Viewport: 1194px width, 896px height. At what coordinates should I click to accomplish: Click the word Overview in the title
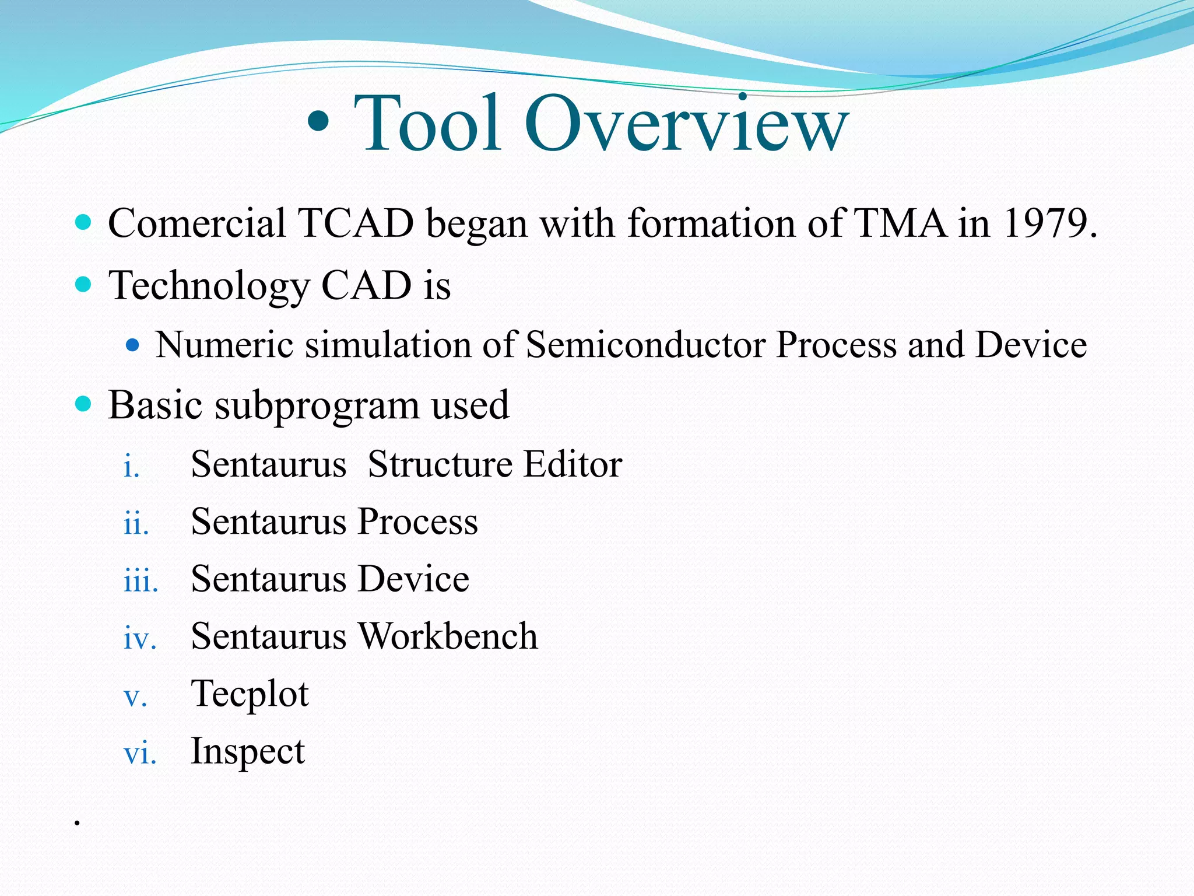686,124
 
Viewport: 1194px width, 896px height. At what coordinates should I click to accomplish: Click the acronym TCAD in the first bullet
356,223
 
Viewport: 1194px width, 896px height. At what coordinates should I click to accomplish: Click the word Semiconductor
645,345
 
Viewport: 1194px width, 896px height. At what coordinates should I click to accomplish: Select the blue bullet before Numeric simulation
133,345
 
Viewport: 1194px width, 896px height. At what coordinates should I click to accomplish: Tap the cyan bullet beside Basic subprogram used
84,404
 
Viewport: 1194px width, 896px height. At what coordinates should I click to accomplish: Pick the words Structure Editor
495,465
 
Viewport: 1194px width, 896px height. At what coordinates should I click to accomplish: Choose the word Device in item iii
413,579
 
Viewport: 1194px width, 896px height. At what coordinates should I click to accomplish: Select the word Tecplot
250,695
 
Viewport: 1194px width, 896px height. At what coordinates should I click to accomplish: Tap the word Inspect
248,752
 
